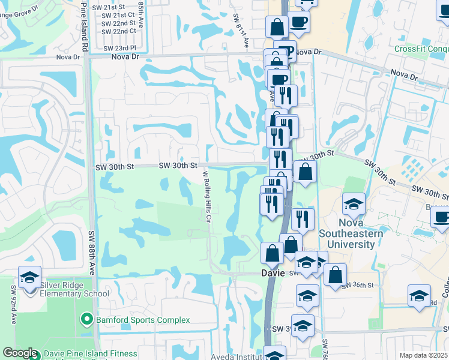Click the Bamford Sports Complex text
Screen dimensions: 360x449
coord(143,320)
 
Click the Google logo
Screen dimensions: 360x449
coord(20,353)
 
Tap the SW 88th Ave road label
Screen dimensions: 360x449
coord(92,252)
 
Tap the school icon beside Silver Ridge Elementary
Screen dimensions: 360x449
coord(29,278)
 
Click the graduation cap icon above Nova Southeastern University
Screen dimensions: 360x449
coord(354,205)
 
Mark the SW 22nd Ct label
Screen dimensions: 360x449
coord(119,31)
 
